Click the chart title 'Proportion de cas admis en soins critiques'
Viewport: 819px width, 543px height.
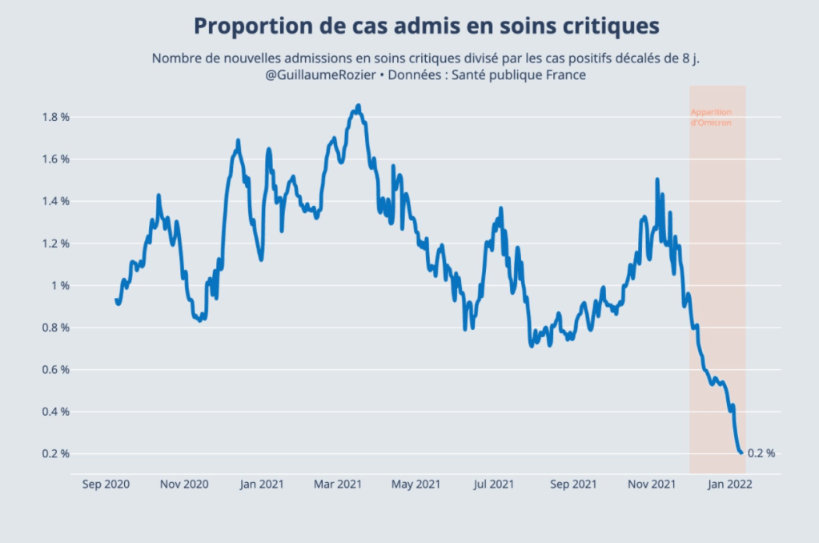(427, 26)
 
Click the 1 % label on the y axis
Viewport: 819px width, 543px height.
(60, 286)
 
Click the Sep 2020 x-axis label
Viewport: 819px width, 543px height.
(106, 485)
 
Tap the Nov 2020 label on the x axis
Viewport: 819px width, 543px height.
(184, 485)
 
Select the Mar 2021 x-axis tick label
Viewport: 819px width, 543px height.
(337, 485)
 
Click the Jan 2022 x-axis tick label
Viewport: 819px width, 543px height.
(729, 485)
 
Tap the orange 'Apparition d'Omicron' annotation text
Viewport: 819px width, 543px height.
(711, 118)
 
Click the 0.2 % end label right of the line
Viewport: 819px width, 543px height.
(761, 453)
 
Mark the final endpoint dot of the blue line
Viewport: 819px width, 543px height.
(741, 453)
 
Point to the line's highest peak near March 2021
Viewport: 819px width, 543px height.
(358, 106)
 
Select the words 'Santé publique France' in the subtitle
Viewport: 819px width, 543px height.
(524, 75)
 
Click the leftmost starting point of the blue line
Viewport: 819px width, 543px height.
(116, 300)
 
